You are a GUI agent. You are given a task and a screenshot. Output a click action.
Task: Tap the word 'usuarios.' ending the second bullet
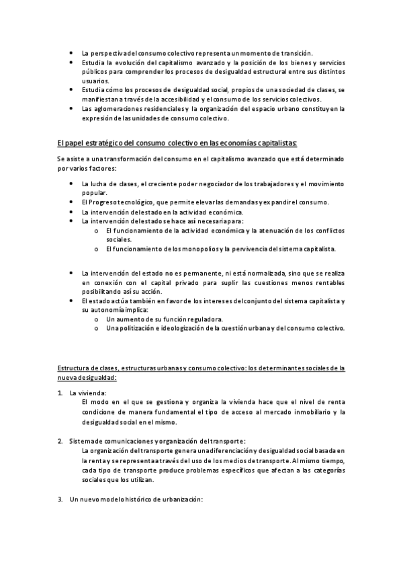click(x=95, y=80)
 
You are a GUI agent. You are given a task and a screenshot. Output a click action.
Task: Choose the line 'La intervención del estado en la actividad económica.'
click(x=162, y=212)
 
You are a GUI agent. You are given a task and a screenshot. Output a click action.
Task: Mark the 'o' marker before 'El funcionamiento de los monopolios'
click(x=97, y=249)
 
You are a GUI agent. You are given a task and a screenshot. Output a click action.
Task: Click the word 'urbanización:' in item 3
click(x=180, y=499)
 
